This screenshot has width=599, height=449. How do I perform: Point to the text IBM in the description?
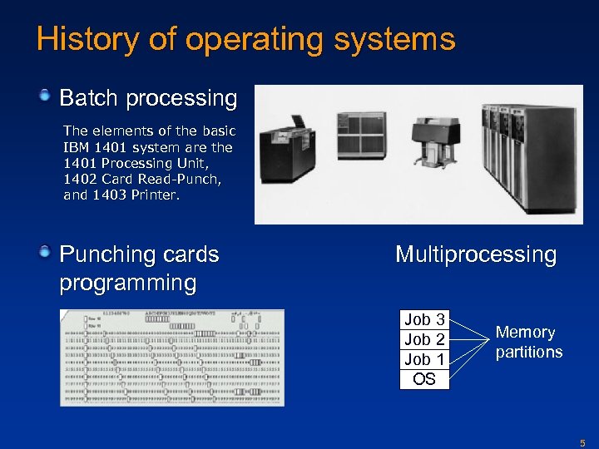[x=76, y=147]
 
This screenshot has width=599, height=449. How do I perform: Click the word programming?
[x=127, y=283]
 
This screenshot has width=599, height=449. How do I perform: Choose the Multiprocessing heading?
[x=476, y=254]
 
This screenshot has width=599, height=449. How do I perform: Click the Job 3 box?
[x=424, y=319]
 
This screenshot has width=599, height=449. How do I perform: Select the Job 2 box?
[x=424, y=339]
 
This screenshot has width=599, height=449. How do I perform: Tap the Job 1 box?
[x=424, y=359]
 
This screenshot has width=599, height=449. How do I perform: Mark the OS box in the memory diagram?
[x=424, y=379]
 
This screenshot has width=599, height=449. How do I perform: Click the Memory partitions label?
[x=528, y=342]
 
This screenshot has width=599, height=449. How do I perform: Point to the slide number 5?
[x=582, y=442]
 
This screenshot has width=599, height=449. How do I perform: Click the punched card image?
[x=171, y=358]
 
